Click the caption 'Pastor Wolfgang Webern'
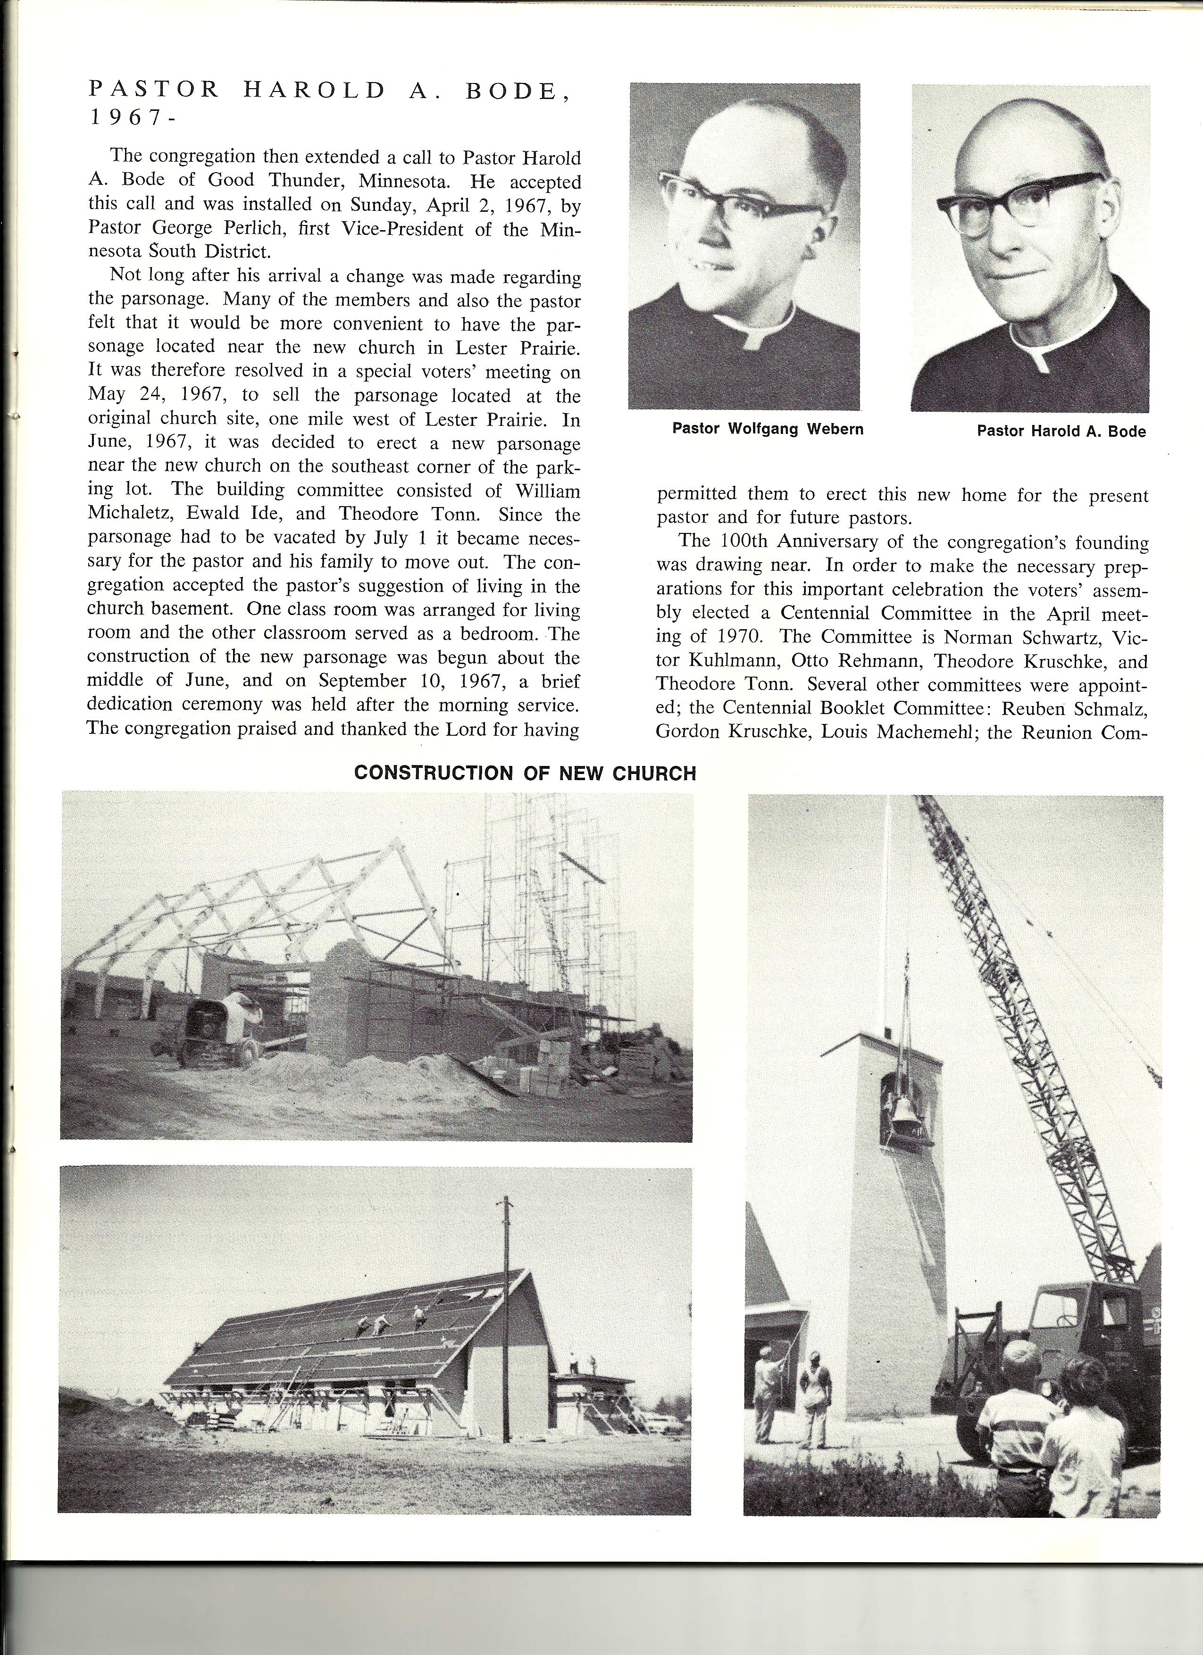(767, 429)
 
